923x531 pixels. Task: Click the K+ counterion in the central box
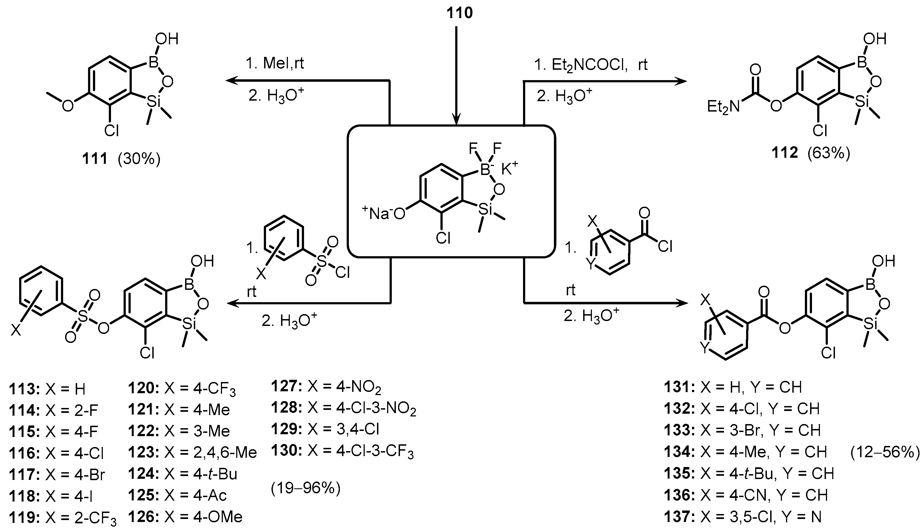509,168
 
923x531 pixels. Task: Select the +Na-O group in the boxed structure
384,213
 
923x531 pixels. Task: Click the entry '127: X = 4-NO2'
326,387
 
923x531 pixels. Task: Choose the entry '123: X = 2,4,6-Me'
192,453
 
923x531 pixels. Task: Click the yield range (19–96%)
305,488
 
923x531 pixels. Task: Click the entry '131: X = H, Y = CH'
733,387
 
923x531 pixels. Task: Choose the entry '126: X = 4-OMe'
185,517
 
